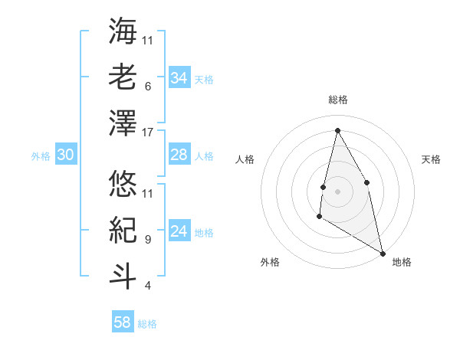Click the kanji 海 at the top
click(x=123, y=31)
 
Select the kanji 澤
click(x=123, y=123)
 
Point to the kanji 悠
click(x=123, y=185)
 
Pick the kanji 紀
click(x=123, y=231)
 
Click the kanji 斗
click(x=123, y=277)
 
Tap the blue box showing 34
click(x=179, y=77)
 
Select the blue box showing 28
click(x=179, y=155)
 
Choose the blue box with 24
click(x=179, y=231)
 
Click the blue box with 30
click(x=65, y=155)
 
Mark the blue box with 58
click(x=123, y=322)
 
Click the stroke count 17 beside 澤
click(x=148, y=133)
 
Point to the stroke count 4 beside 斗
click(x=147, y=286)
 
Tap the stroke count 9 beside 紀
click(x=147, y=240)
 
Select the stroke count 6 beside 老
click(x=147, y=87)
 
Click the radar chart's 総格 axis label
click(x=338, y=100)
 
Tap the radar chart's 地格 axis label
click(x=402, y=263)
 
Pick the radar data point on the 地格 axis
click(x=382, y=253)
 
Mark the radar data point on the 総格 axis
click(x=337, y=130)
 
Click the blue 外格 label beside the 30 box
click(x=41, y=156)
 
